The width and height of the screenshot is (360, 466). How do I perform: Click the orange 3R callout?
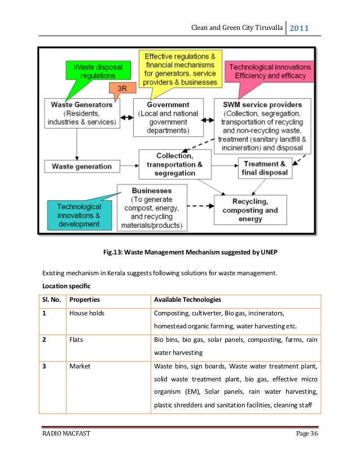(x=121, y=89)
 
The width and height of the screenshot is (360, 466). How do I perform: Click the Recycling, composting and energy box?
(x=251, y=210)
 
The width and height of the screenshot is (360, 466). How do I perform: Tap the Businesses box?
(x=151, y=208)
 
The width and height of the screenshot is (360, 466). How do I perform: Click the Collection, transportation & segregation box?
(x=175, y=164)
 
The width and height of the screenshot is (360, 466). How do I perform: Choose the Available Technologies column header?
(x=187, y=299)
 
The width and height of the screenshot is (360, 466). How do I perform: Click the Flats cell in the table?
(x=76, y=340)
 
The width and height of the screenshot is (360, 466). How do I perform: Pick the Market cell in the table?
(x=80, y=366)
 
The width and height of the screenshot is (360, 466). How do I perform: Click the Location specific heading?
(x=67, y=285)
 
